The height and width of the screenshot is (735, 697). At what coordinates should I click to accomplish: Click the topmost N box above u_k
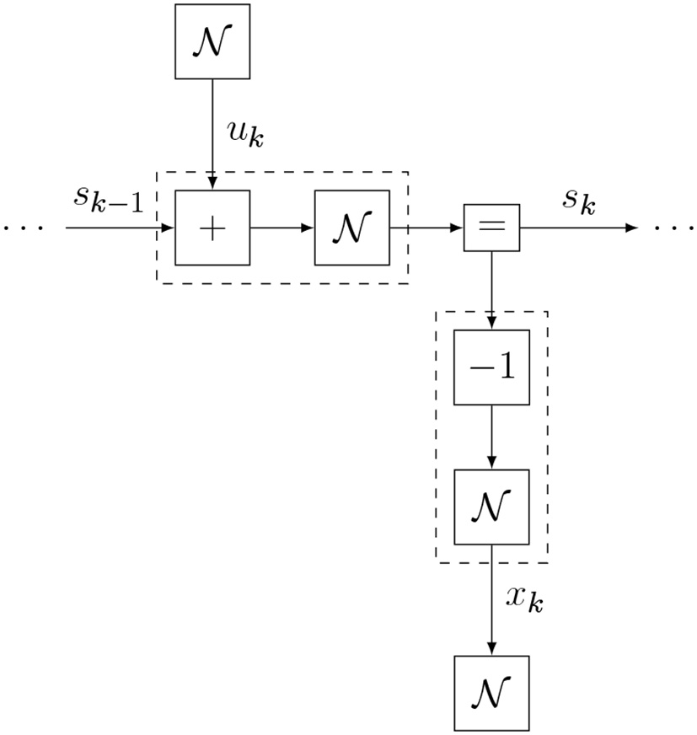tap(212, 42)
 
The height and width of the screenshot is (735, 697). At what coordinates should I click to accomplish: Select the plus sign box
tap(212, 228)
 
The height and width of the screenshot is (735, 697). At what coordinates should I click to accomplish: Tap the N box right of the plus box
tap(351, 228)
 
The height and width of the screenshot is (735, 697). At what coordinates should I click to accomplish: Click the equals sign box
tap(491, 228)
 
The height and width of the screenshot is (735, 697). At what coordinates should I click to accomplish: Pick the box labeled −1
tap(491, 367)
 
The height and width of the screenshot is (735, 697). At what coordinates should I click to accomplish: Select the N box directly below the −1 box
tap(491, 507)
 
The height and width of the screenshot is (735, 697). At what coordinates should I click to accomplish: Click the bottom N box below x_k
tap(491, 693)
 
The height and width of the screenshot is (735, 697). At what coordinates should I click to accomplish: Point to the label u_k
tap(245, 133)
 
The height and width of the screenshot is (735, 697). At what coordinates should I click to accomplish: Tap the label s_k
tap(580, 201)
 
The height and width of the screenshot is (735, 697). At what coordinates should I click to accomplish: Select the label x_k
tap(524, 598)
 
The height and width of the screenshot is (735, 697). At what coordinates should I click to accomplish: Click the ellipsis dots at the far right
tap(674, 228)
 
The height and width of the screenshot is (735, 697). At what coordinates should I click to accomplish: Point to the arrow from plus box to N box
tap(282, 228)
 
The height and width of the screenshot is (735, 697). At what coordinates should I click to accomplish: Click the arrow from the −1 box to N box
tap(491, 437)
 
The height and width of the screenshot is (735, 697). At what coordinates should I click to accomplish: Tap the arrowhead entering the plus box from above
tap(212, 184)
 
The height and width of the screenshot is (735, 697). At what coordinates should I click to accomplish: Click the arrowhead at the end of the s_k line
tap(631, 228)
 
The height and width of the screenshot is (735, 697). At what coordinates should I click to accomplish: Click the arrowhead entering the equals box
tap(458, 228)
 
